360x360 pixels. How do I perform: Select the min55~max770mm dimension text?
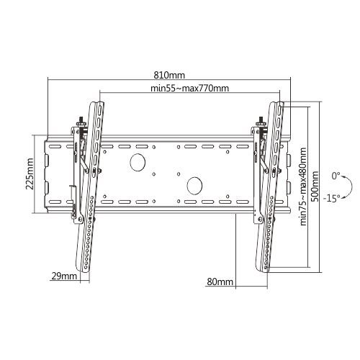pyautogui.click(x=190, y=89)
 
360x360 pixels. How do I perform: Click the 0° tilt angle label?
pyautogui.click(x=336, y=176)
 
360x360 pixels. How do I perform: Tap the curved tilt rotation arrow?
pyautogui.click(x=349, y=186)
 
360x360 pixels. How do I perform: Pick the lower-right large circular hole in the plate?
pyautogui.click(x=193, y=185)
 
